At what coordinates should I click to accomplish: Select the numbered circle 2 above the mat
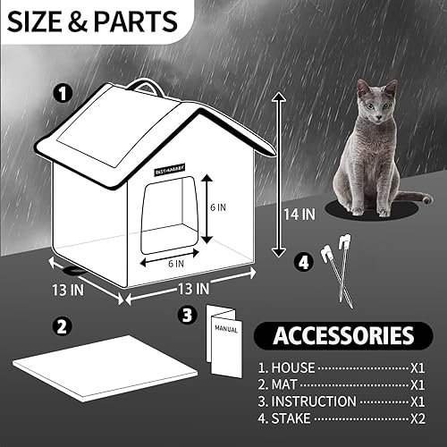click(61, 325)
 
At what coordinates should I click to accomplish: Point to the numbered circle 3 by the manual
click(187, 315)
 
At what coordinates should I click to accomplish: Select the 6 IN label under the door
click(175, 264)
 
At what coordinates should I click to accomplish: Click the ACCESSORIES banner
click(344, 336)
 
